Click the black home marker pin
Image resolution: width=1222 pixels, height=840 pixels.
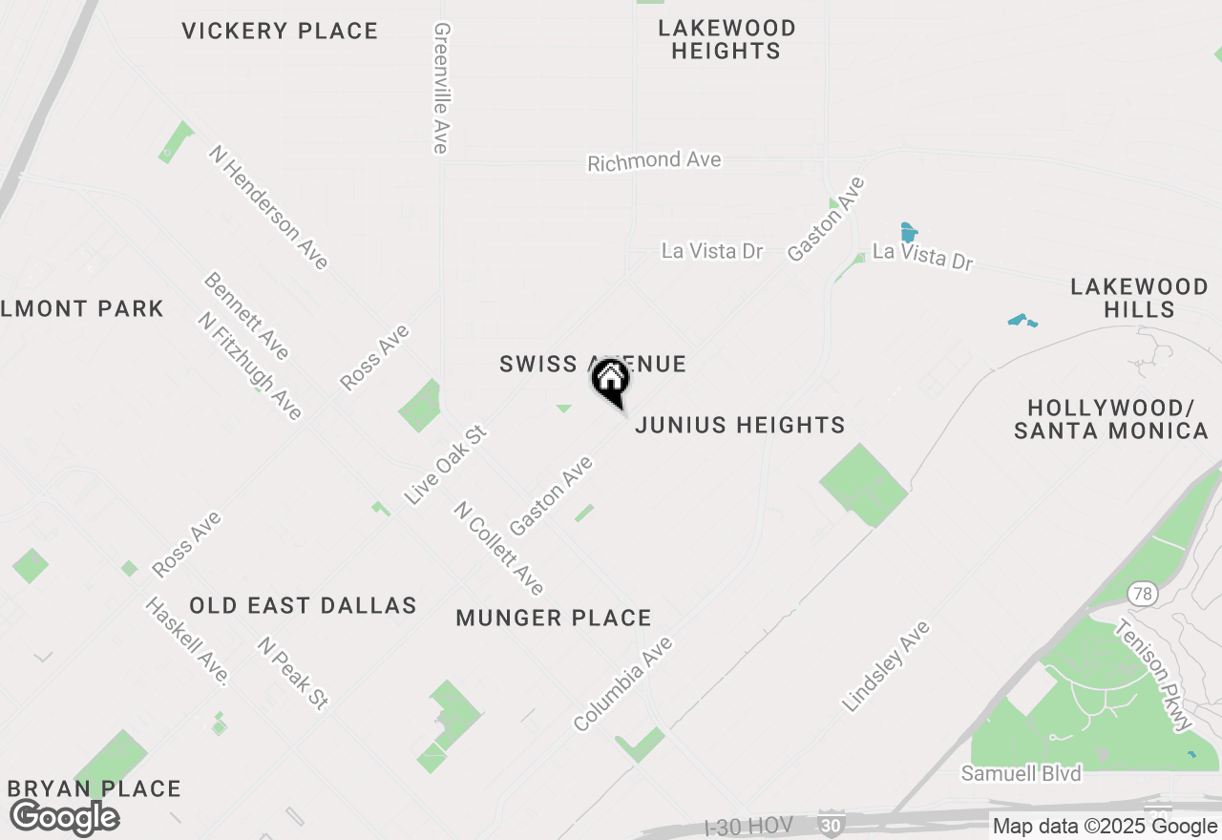click(x=611, y=382)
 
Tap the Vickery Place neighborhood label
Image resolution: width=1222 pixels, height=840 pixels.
click(x=280, y=31)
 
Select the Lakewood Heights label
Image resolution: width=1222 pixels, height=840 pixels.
click(x=726, y=39)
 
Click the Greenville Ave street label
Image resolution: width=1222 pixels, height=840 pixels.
click(x=440, y=88)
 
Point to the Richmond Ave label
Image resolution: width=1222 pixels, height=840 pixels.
click(x=654, y=161)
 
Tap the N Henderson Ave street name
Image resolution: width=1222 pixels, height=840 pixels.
click(x=269, y=207)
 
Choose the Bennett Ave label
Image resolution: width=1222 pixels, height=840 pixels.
click(x=245, y=317)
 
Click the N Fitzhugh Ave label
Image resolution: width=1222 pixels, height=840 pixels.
click(x=250, y=366)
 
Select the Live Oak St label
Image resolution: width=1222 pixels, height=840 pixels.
click(x=446, y=465)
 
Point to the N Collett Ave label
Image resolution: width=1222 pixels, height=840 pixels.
click(x=499, y=548)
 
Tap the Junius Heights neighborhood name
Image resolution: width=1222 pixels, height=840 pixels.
click(x=740, y=426)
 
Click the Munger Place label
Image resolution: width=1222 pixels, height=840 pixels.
click(x=554, y=619)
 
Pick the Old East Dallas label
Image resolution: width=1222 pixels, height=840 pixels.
click(x=303, y=606)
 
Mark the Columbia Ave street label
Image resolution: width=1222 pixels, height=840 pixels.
click(x=623, y=683)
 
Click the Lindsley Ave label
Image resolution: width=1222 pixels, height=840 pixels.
click(x=885, y=666)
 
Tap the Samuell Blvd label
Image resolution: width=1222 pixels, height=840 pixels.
click(x=1021, y=773)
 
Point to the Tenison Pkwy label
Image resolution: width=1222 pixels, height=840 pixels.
click(x=1154, y=674)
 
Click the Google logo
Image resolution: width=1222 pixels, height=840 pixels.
click(x=65, y=818)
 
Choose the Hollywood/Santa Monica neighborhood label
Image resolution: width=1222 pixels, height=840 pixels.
click(x=1111, y=419)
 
